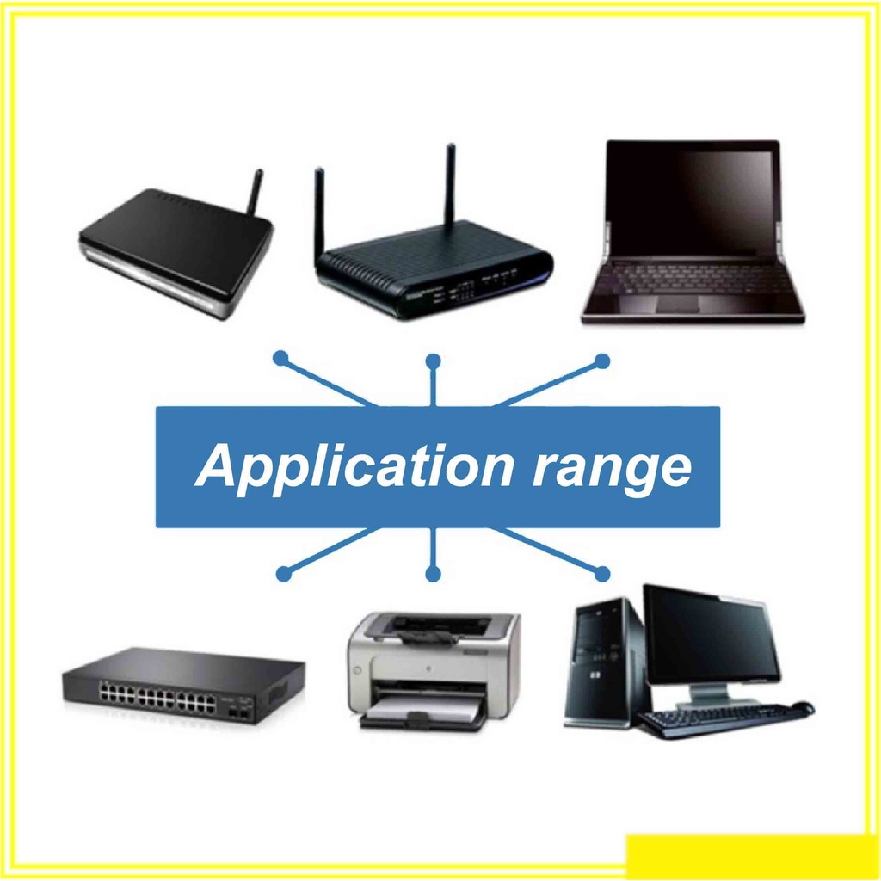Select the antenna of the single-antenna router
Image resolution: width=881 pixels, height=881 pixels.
click(x=256, y=192)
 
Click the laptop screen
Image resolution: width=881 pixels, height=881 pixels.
click(x=692, y=199)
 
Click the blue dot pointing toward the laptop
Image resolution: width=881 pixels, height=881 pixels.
click(x=601, y=361)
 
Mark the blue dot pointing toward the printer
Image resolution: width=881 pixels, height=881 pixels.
click(x=433, y=574)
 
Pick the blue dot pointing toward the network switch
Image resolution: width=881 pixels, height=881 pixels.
click(x=284, y=574)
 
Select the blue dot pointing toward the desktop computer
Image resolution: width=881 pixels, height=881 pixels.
click(x=601, y=574)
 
